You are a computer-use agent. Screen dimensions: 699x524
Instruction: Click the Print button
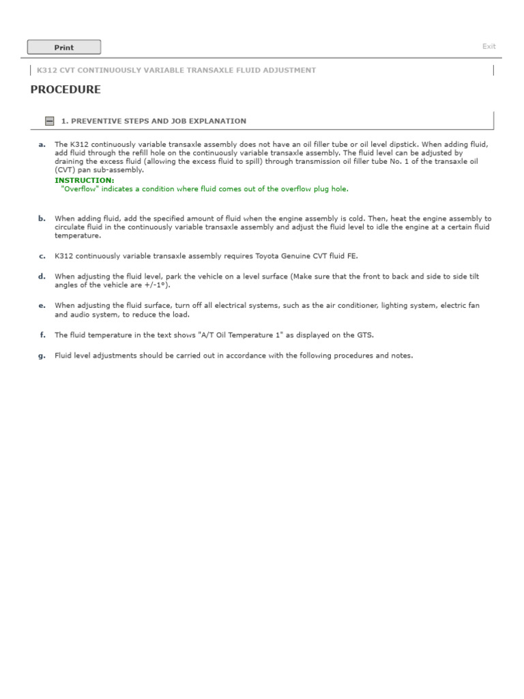(x=63, y=47)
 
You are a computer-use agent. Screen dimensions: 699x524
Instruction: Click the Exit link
(x=489, y=46)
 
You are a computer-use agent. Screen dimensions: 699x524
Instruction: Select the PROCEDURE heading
(x=65, y=89)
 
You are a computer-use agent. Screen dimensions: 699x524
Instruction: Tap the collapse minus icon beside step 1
(x=49, y=121)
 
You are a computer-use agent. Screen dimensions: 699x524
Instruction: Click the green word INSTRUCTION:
(x=85, y=180)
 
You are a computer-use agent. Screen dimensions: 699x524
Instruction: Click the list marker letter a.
(x=42, y=145)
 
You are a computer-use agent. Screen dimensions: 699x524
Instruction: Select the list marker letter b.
(x=42, y=218)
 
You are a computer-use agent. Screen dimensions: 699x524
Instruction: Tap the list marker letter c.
(x=42, y=256)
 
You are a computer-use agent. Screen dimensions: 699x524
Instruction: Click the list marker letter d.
(x=42, y=276)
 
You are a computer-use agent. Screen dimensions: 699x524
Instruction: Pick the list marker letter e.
(x=42, y=306)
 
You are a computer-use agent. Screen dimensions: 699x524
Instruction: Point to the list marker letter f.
(x=42, y=335)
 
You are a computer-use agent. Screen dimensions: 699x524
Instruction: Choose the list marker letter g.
(x=42, y=356)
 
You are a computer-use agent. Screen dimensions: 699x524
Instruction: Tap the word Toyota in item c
(x=270, y=256)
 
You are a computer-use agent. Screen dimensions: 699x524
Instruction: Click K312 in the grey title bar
(x=47, y=70)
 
